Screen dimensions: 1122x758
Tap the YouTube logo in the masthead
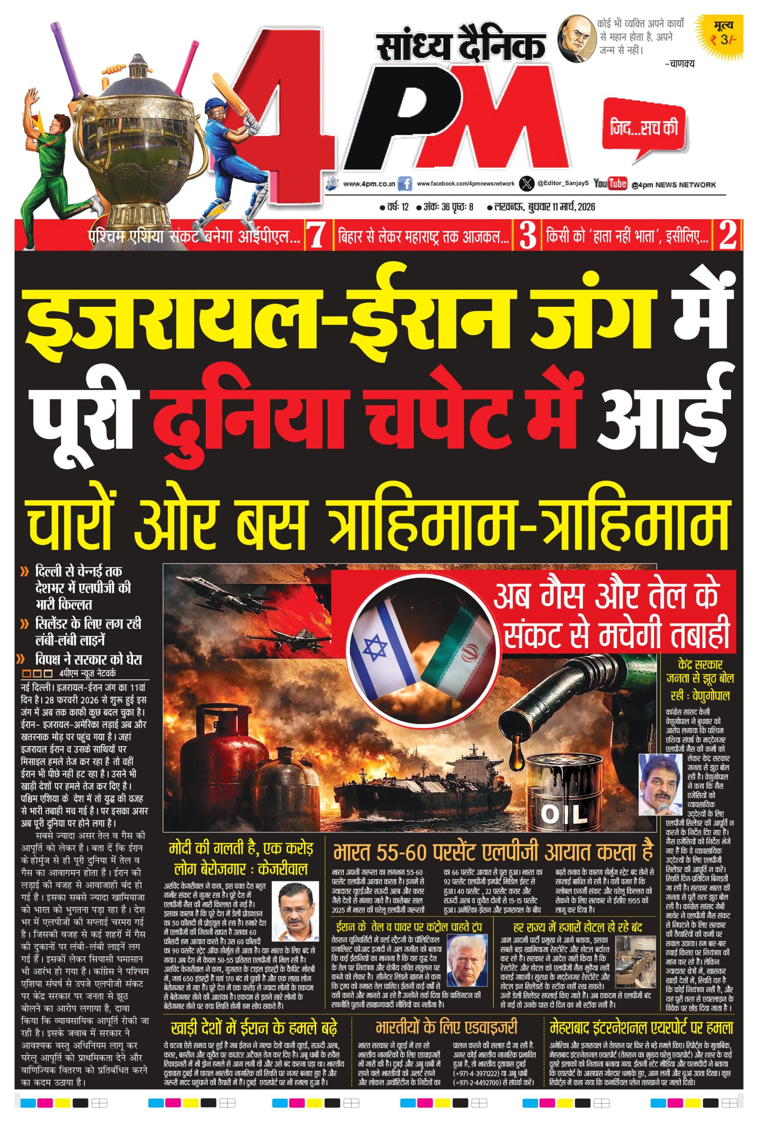pyautogui.click(x=610, y=184)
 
